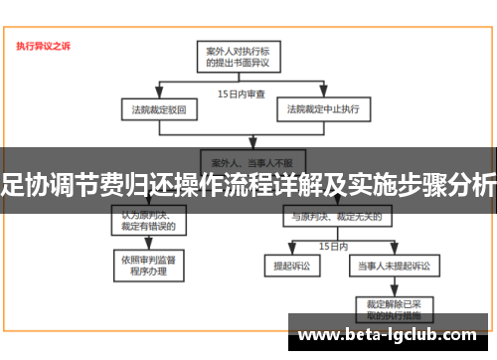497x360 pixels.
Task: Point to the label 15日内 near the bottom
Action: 332,245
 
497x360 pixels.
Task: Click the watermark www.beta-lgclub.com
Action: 388,336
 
